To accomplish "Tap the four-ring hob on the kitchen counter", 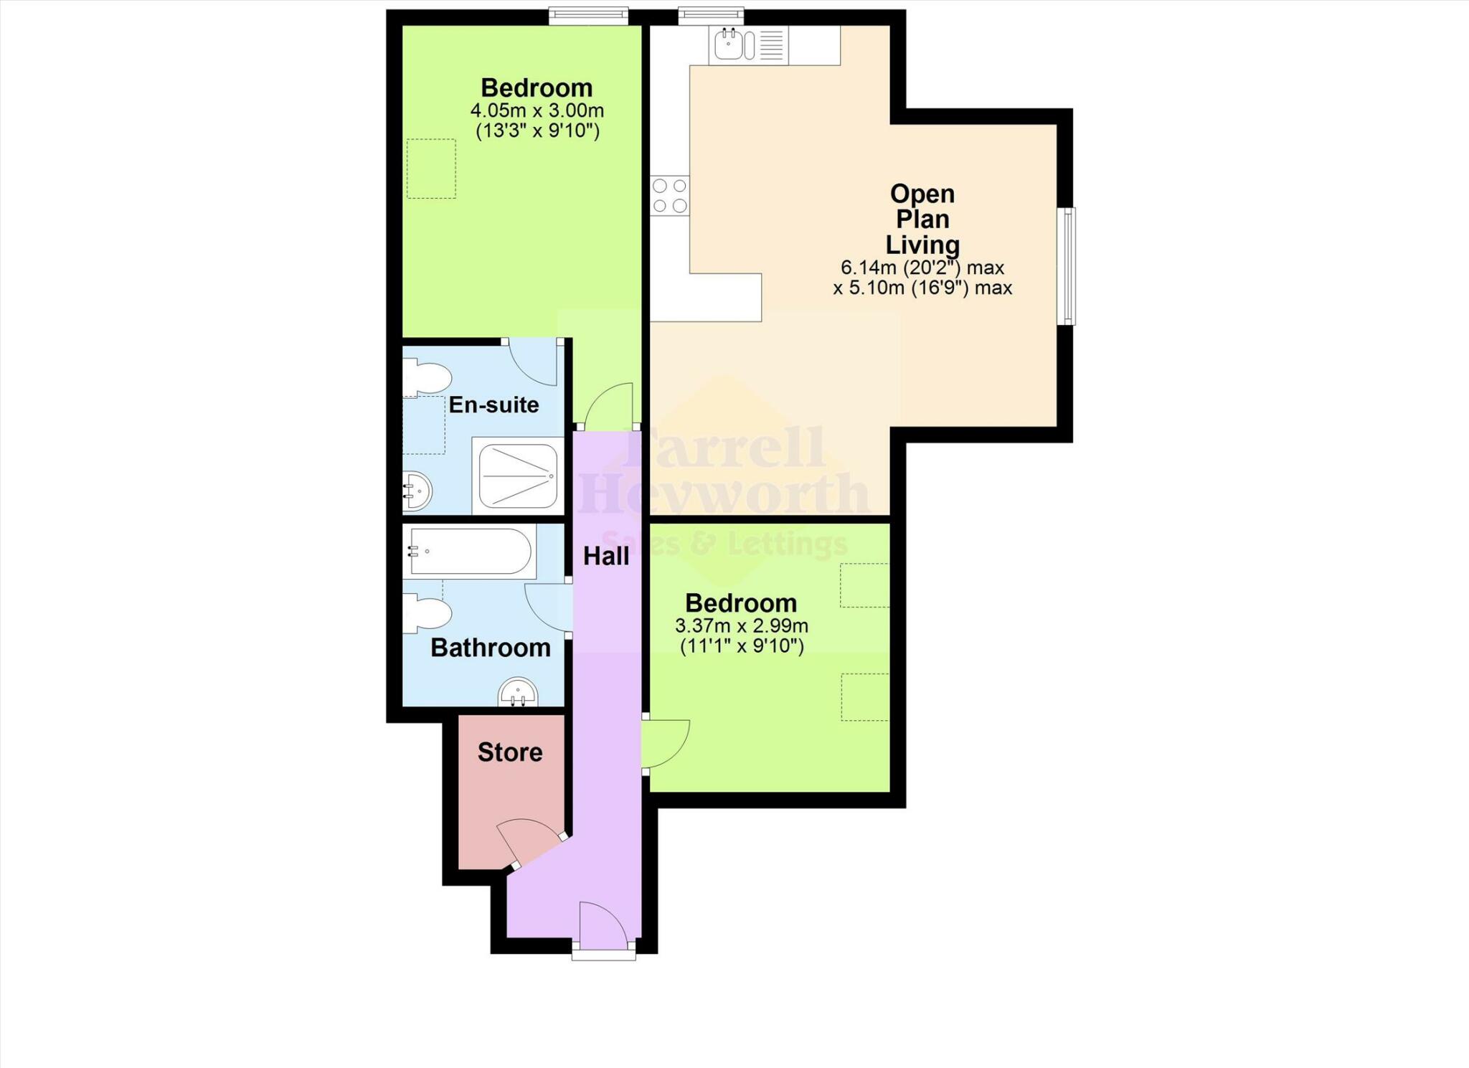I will point(670,196).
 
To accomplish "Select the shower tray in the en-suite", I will point(518,476).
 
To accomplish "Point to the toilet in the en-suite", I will point(426,378).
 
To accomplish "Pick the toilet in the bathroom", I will point(426,614).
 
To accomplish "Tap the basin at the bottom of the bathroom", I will point(518,693).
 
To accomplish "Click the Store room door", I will point(529,841).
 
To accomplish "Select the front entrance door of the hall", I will point(604,925).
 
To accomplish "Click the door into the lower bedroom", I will point(664,745).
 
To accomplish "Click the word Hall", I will point(606,556).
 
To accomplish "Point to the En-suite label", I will point(493,405).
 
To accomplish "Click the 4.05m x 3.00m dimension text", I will point(537,111).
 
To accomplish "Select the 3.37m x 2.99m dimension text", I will point(741,625).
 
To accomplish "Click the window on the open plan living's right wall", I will point(1067,266).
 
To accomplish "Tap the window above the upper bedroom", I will point(588,16).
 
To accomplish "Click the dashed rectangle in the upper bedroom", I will point(431,169).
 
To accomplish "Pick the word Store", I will point(510,752).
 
